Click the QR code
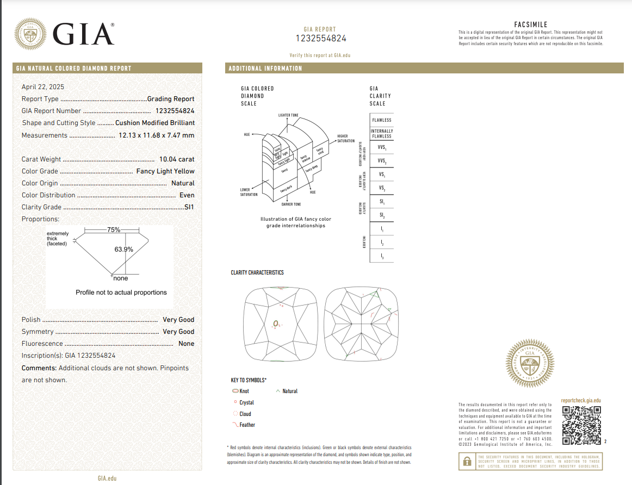pyautogui.click(x=581, y=425)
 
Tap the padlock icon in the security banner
pyautogui.click(x=467, y=462)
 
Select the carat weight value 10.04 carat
pyautogui.click(x=176, y=159)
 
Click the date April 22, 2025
pyautogui.click(x=43, y=86)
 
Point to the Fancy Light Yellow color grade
pyautogui.click(x=165, y=171)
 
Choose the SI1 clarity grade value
pyautogui.click(x=189, y=207)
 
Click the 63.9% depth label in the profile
pyautogui.click(x=123, y=249)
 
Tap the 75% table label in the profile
pyautogui.click(x=114, y=230)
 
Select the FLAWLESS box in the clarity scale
pyautogui.click(x=381, y=120)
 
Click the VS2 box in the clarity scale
pyautogui.click(x=381, y=188)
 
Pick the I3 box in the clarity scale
pyautogui.click(x=381, y=256)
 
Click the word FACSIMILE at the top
pyautogui.click(x=530, y=24)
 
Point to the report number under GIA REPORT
pyautogui.click(x=320, y=39)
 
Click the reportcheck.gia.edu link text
pyautogui.click(x=581, y=401)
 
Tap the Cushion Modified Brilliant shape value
pyautogui.click(x=155, y=123)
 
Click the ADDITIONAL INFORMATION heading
pyautogui.click(x=265, y=69)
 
